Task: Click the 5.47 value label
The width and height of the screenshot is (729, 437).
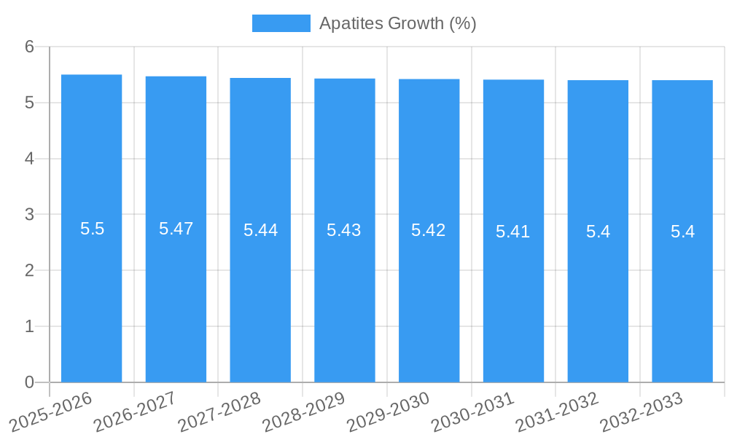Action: pos(176,229)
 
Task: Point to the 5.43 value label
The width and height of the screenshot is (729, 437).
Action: pos(344,230)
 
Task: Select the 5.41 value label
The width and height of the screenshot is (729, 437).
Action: pos(513,232)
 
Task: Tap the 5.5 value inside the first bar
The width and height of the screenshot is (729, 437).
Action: pos(92,229)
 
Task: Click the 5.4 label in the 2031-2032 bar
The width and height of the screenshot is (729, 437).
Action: pos(598,232)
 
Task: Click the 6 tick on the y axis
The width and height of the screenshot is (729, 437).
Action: pos(29,47)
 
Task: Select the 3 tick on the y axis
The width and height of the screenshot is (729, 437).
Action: pos(29,215)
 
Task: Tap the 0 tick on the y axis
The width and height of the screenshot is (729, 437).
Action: pos(29,382)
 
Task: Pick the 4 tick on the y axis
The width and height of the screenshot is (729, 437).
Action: pos(29,159)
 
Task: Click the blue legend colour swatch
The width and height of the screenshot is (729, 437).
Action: pos(281,23)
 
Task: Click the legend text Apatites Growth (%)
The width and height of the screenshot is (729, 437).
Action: pos(398,23)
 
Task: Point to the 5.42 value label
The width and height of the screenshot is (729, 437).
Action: pos(429,230)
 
